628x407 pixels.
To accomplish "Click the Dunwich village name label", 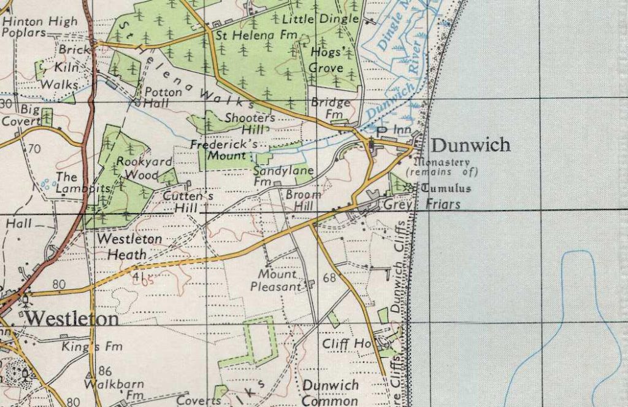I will pyautogui.click(x=470, y=145).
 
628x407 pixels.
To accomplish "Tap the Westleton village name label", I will pyautogui.click(x=72, y=319).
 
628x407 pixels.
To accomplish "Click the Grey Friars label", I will pyautogui.click(x=422, y=204).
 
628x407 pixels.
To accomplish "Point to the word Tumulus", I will pyautogui.click(x=445, y=188).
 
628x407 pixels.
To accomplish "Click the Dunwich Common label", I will pyautogui.click(x=330, y=391).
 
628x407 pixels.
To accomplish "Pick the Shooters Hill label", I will pyautogui.click(x=250, y=123).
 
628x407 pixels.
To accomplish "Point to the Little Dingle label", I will pyautogui.click(x=329, y=19).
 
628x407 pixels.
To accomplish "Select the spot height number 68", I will pyautogui.click(x=329, y=278).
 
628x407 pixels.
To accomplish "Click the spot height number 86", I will pyautogui.click(x=105, y=371).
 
